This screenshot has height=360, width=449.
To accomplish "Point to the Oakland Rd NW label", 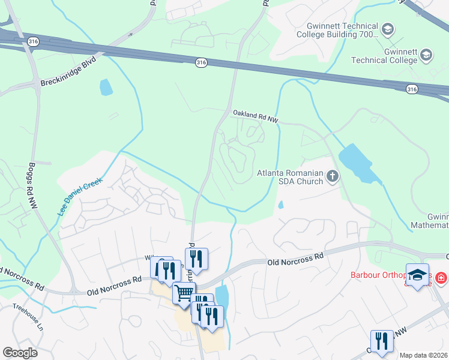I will click(x=256, y=116).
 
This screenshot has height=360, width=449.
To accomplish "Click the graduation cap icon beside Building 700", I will click(x=388, y=29).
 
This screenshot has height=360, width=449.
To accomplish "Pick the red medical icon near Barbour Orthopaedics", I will click(x=441, y=278).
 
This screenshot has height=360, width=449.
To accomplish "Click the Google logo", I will click(x=20, y=353).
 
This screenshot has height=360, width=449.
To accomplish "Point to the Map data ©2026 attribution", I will click(x=424, y=355).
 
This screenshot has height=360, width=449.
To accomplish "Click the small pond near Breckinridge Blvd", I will click(x=106, y=88).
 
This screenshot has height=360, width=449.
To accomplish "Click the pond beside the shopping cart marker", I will click(x=221, y=296).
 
